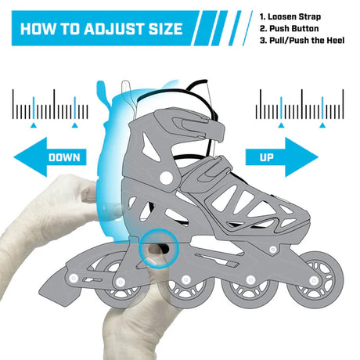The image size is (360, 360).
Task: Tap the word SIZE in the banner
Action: pos(166,29)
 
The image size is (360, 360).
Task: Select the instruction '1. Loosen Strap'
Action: pos(290,16)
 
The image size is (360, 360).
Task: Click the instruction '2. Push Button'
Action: pos(289,28)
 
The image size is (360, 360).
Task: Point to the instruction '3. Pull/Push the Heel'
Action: pos(302,41)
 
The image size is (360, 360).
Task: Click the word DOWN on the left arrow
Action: pos(64,157)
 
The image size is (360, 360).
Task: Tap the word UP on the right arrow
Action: pos(266,157)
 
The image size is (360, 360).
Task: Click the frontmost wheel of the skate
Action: pos(315,280)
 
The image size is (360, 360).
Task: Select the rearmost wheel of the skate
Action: pos(119,281)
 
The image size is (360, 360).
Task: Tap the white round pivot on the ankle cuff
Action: pos(166,178)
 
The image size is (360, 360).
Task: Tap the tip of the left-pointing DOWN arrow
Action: pos(14,157)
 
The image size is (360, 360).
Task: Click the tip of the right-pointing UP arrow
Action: pos(318,157)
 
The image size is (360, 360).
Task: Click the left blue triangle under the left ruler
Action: pos(33,125)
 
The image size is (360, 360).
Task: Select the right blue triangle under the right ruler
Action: pos(322,125)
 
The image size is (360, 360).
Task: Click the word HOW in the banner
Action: pos(38,29)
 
